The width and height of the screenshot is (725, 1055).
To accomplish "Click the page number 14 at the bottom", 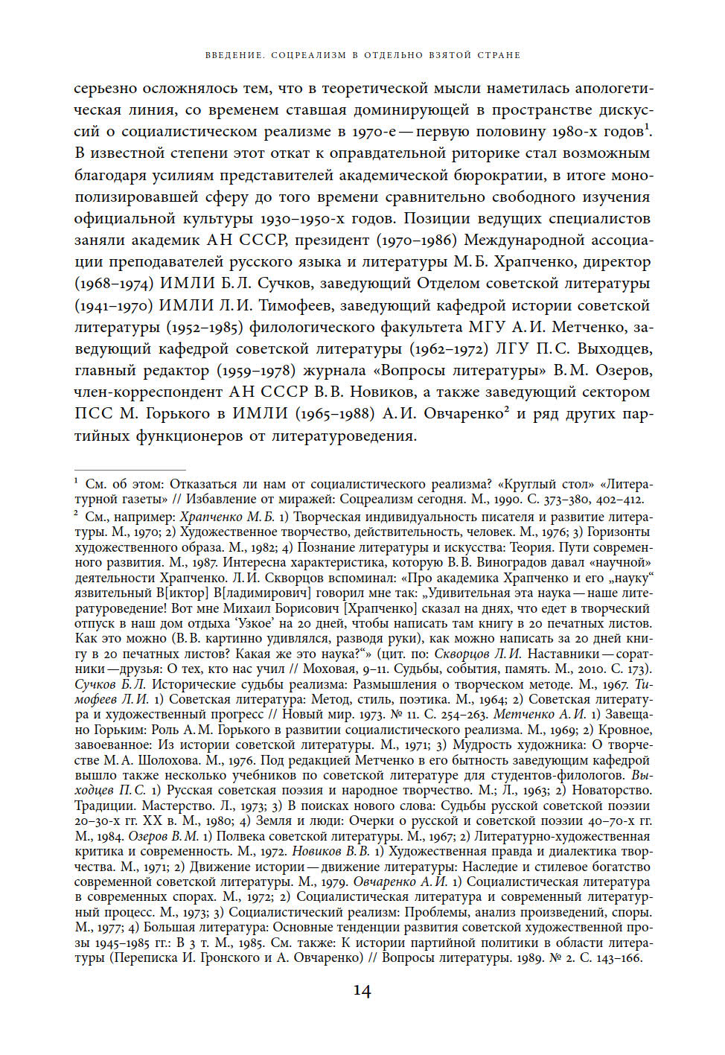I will (362, 991).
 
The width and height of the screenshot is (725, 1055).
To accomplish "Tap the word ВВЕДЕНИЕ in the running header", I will (233, 55).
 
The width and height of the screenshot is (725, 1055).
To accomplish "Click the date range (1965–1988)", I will (335, 413).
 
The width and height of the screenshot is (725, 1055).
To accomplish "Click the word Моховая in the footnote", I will (333, 669).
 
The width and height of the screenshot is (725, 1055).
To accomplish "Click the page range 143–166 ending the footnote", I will (617, 957).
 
